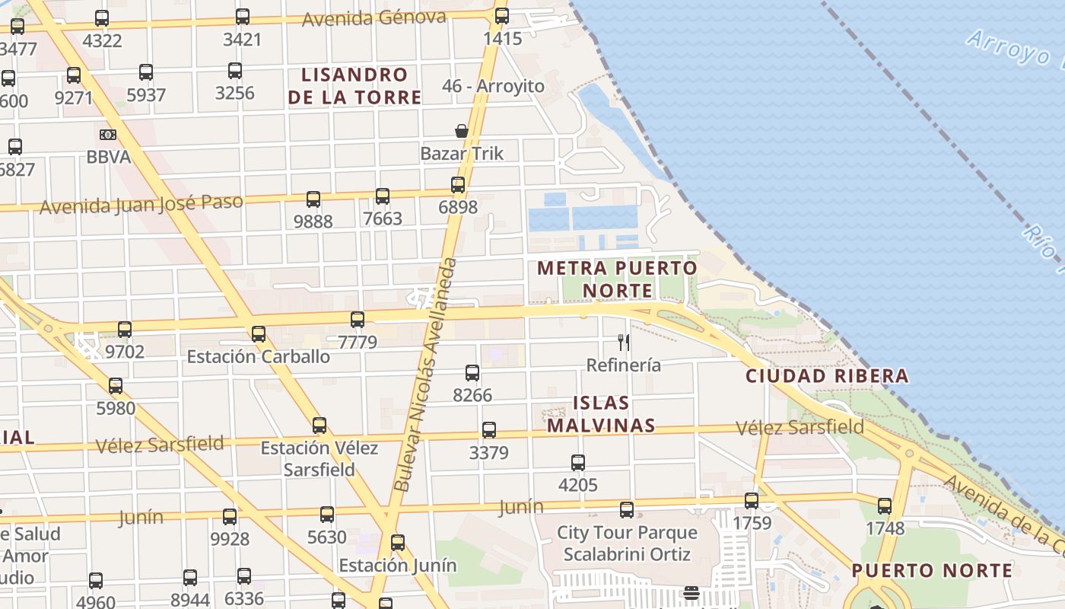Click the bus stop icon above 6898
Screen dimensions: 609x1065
(x=457, y=185)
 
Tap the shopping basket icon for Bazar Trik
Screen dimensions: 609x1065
(x=462, y=131)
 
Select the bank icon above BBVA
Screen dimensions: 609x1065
(x=108, y=135)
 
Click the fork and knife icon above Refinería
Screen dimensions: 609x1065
(x=624, y=343)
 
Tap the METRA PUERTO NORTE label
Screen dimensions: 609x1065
(x=617, y=279)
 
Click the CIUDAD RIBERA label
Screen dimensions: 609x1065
(x=827, y=375)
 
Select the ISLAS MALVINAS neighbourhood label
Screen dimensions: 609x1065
(x=601, y=414)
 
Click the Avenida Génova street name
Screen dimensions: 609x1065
(x=374, y=18)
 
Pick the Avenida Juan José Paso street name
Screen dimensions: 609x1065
(x=141, y=205)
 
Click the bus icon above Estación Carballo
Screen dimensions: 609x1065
(x=259, y=333)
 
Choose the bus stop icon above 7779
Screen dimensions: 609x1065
(x=358, y=320)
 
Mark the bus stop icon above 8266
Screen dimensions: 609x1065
(x=472, y=373)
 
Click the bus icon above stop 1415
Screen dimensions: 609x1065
(x=502, y=16)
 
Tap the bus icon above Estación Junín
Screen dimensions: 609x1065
(x=398, y=543)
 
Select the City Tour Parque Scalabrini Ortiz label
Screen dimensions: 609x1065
(x=627, y=543)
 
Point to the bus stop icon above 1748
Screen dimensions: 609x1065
(x=885, y=506)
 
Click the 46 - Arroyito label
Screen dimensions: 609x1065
(x=493, y=86)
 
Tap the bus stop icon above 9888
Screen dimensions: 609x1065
(x=313, y=199)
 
